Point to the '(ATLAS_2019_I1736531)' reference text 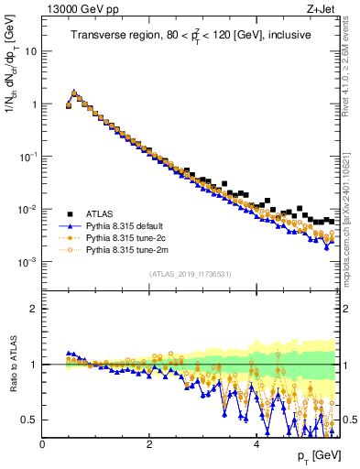point(190,275)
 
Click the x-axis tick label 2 point(149,444)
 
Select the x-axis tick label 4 point(256,444)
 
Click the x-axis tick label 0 point(42,444)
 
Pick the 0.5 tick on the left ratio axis point(31,420)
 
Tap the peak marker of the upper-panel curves point(74,92)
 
